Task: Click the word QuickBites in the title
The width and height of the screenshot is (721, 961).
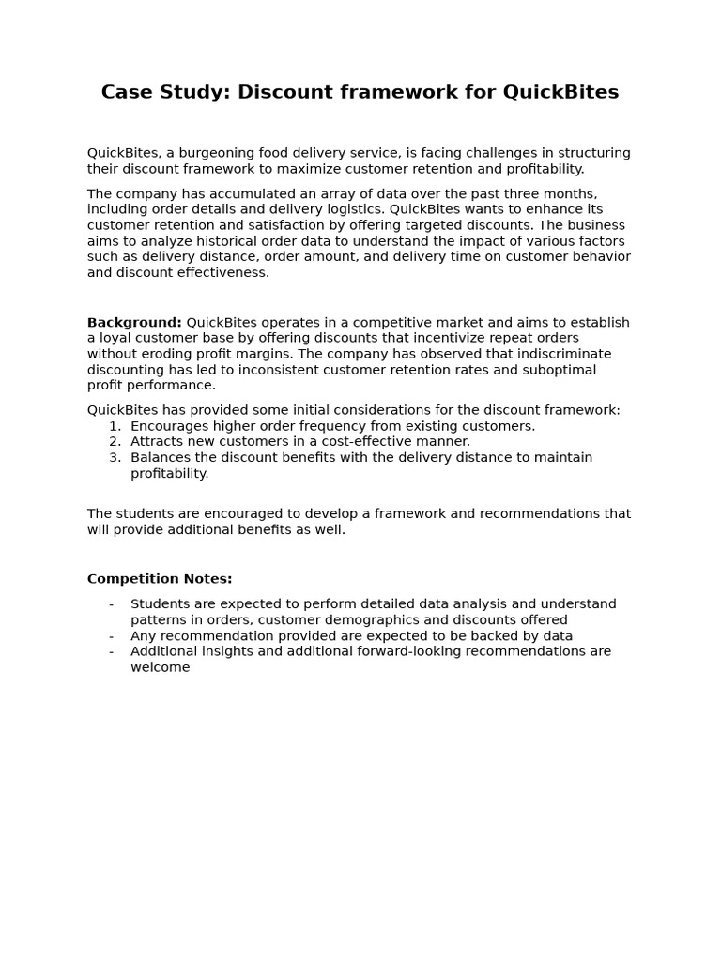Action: click(560, 92)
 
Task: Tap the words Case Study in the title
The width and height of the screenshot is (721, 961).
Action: click(165, 92)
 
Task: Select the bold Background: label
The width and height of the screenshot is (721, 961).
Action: click(134, 323)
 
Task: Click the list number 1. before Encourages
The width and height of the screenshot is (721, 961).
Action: click(115, 426)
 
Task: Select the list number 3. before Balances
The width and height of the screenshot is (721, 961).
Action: click(115, 458)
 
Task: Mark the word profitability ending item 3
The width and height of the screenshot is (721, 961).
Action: click(168, 474)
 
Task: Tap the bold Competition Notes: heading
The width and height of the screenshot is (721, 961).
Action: click(160, 579)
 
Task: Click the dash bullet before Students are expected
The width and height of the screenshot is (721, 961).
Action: click(112, 604)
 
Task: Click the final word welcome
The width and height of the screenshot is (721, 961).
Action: click(160, 667)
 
